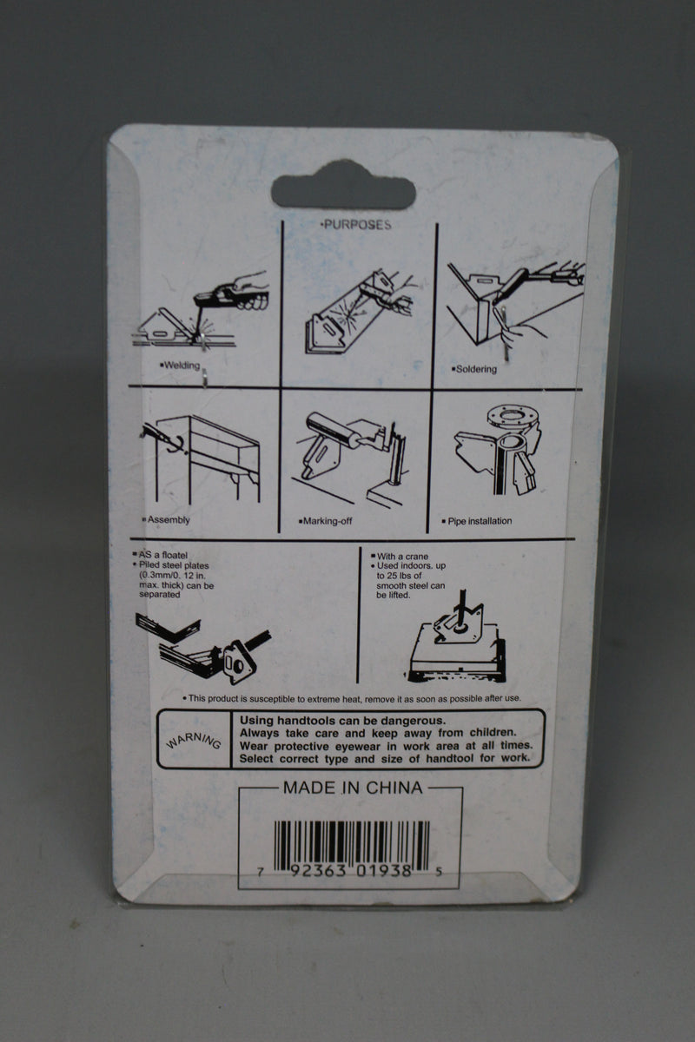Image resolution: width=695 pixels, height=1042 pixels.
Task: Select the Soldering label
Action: pyautogui.click(x=473, y=369)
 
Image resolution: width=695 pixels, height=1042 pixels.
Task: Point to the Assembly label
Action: pyautogui.click(x=167, y=521)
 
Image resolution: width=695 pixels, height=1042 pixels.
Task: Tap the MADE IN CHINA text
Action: pyautogui.click(x=353, y=788)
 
